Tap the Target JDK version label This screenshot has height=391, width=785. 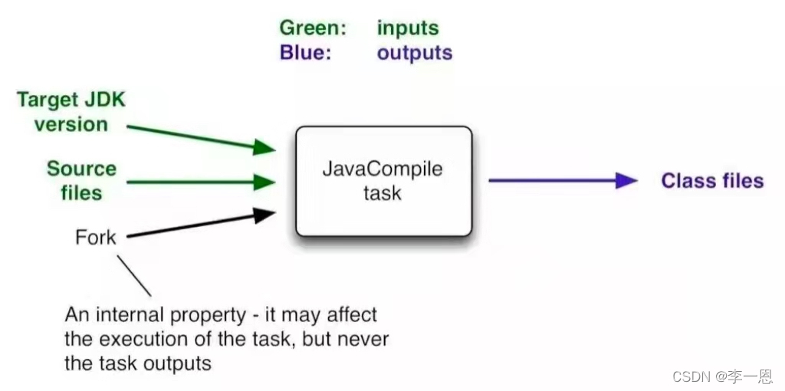pyautogui.click(x=71, y=112)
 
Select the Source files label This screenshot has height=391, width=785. pyautogui.click(x=81, y=180)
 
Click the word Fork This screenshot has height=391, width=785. pyautogui.click(x=96, y=237)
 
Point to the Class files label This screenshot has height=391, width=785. pyautogui.click(x=712, y=181)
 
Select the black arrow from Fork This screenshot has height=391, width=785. pyautogui.click(x=200, y=225)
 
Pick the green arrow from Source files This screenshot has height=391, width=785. pyautogui.click(x=200, y=182)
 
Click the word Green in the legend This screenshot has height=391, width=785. pyautogui.click(x=313, y=28)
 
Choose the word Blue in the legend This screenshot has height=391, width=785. pyautogui.click(x=305, y=53)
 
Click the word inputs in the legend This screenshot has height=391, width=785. pyautogui.click(x=408, y=28)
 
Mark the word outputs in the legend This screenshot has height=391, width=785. pyautogui.click(x=415, y=53)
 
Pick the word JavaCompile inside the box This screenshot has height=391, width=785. pyautogui.click(x=383, y=169)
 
